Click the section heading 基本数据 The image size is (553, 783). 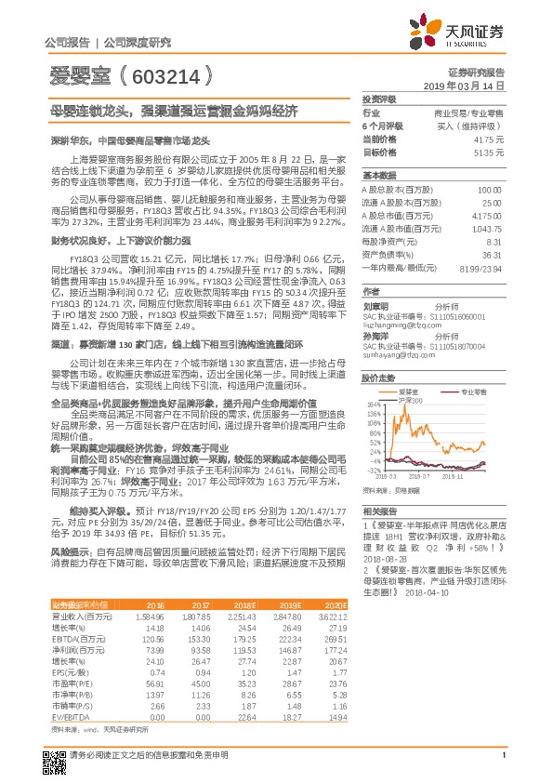[379, 175]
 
